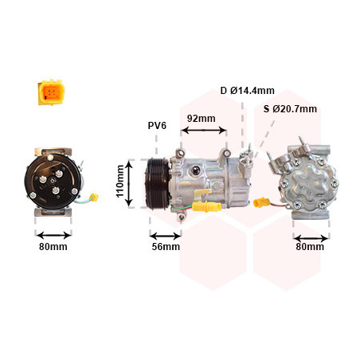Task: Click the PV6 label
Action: (157, 126)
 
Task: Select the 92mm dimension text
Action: (202, 119)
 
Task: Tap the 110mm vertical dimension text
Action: (120, 182)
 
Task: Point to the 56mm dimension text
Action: (166, 247)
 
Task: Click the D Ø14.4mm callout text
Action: (247, 91)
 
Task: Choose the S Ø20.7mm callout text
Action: (290, 109)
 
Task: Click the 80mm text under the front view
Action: (53, 247)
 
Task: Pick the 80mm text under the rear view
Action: (310, 247)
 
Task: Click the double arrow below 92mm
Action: (204, 130)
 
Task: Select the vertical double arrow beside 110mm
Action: (129, 184)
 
